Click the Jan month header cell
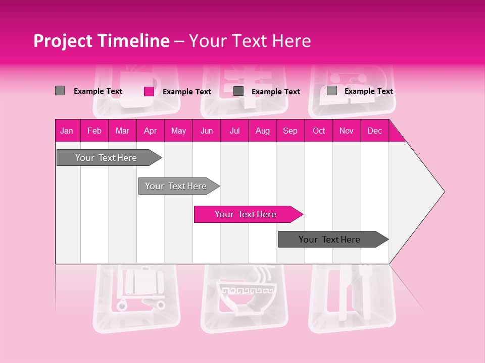(x=67, y=131)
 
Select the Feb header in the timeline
(x=94, y=131)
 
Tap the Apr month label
(x=150, y=131)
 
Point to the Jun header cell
(x=207, y=131)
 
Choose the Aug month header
(x=262, y=131)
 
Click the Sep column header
(x=290, y=131)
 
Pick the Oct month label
(x=319, y=131)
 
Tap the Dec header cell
(x=374, y=131)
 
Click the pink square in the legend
(x=149, y=91)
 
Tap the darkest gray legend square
(x=238, y=91)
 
